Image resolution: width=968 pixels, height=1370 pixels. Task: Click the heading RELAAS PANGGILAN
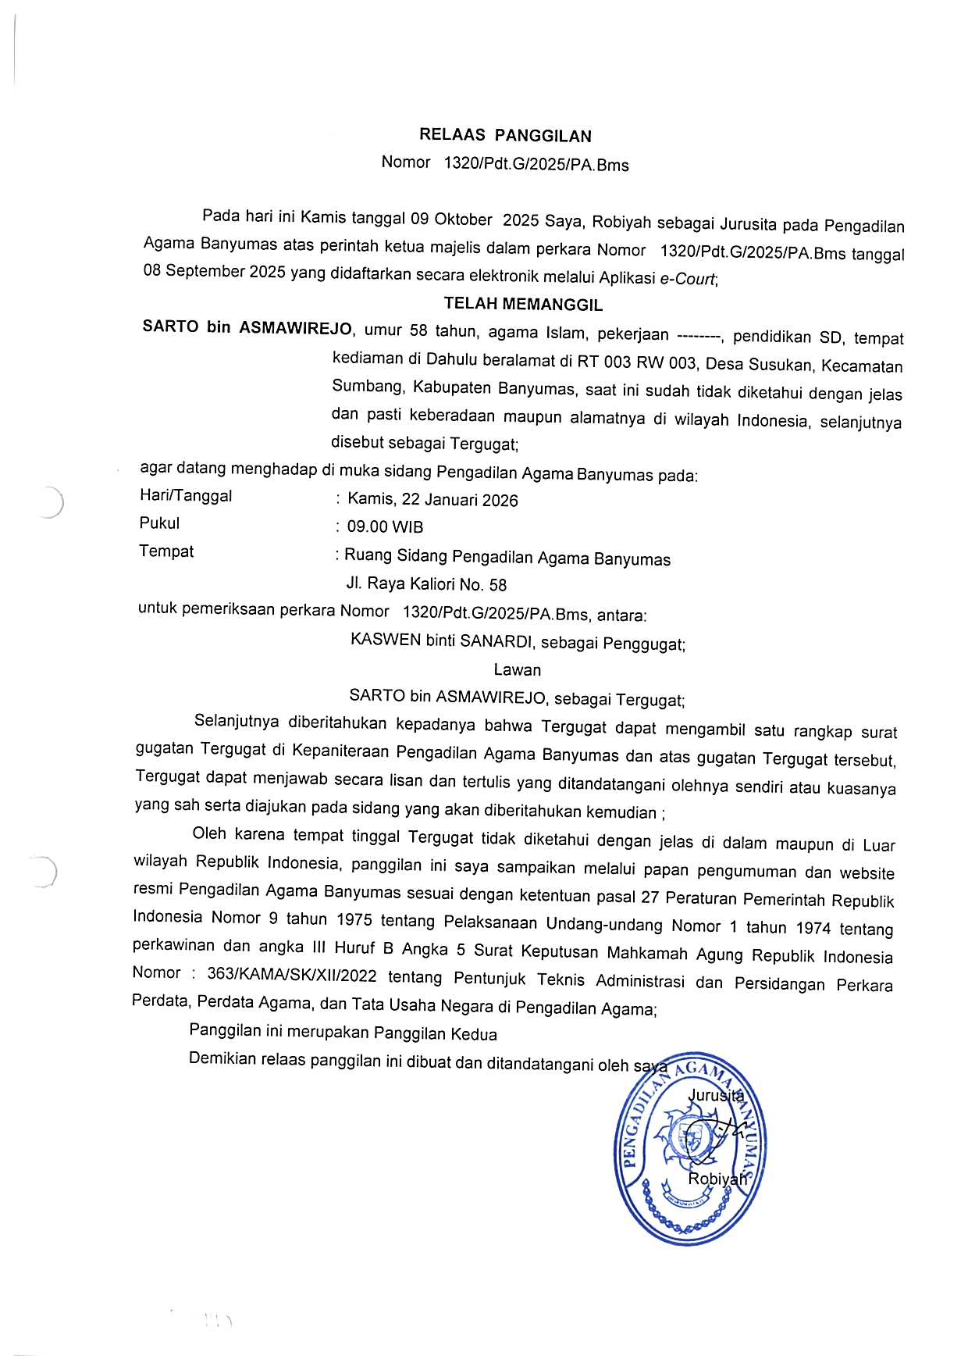[x=505, y=136]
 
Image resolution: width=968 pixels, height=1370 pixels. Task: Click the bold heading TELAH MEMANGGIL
[x=523, y=304]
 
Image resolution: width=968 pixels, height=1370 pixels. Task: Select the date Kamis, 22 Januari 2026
[x=432, y=500]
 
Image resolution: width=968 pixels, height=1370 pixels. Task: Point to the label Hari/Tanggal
[x=186, y=496]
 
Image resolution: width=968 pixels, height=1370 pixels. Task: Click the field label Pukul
[x=159, y=523]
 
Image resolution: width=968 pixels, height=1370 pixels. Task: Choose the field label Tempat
[x=166, y=551]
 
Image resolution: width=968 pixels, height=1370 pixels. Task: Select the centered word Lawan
[x=517, y=669]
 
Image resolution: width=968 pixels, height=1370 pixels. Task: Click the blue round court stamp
[x=690, y=1148]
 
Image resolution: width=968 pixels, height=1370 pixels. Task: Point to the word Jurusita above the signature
[x=715, y=1095]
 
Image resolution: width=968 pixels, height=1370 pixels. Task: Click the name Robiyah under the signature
[x=717, y=1179]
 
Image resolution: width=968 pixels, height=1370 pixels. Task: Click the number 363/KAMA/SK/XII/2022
[x=292, y=976]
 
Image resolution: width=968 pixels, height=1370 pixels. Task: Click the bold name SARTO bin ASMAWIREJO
[x=247, y=327]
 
